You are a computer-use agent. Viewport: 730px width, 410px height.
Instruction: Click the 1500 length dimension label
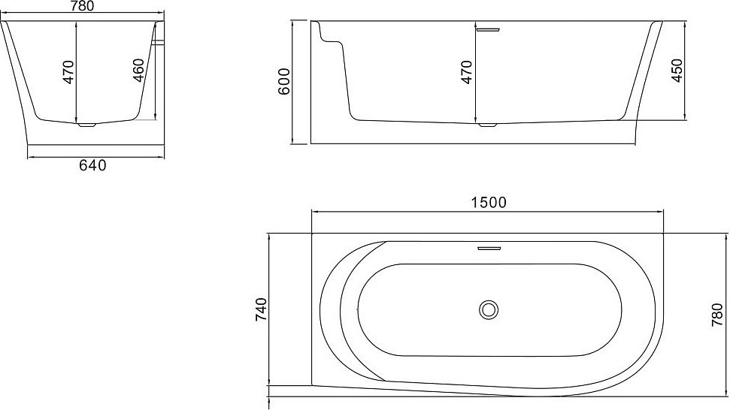488,203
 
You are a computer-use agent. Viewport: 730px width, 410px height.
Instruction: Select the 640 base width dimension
92,165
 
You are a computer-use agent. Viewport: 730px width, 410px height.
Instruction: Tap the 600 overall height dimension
284,81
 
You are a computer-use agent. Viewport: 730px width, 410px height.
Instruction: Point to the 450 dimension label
677,71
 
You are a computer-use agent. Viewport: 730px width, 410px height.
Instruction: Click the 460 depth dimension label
139,71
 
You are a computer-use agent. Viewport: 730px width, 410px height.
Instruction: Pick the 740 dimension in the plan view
261,311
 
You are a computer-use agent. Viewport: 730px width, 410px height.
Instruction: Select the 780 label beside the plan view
717,314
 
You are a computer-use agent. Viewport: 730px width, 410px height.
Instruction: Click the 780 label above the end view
81,6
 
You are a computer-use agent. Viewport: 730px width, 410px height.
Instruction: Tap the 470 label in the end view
68,72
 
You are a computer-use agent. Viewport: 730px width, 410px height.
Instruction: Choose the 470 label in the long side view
467,72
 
